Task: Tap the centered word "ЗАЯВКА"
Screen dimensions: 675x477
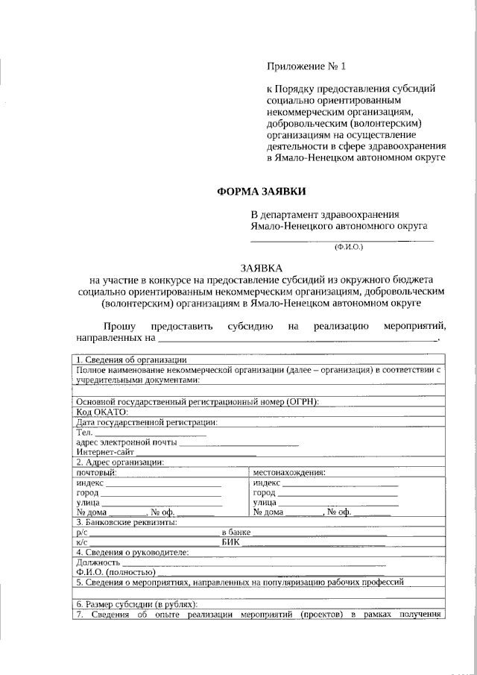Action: tap(261, 266)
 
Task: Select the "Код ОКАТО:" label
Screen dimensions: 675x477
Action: tap(103, 412)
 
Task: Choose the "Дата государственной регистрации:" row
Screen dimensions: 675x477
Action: tap(146, 421)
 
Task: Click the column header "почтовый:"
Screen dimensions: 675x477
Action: tap(96, 472)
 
